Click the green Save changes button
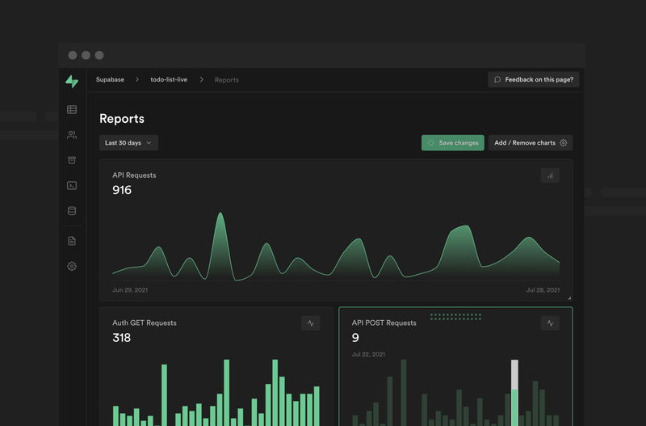[x=452, y=143]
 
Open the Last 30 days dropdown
[x=128, y=143]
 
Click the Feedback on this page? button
[x=534, y=79]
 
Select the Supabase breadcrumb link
[x=110, y=80]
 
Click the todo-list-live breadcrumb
[x=169, y=80]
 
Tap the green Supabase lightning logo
[x=72, y=81]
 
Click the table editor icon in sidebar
[x=72, y=109]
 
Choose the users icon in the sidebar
[x=72, y=135]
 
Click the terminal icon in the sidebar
[x=72, y=185]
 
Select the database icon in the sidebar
[x=72, y=211]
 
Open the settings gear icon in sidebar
[x=72, y=266]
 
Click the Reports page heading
[x=122, y=119]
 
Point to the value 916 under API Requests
[x=122, y=190]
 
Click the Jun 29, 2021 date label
[x=129, y=289]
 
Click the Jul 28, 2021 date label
[x=543, y=289]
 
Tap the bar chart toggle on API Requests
[x=550, y=175]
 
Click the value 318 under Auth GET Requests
[x=121, y=338]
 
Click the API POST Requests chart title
[x=384, y=323]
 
